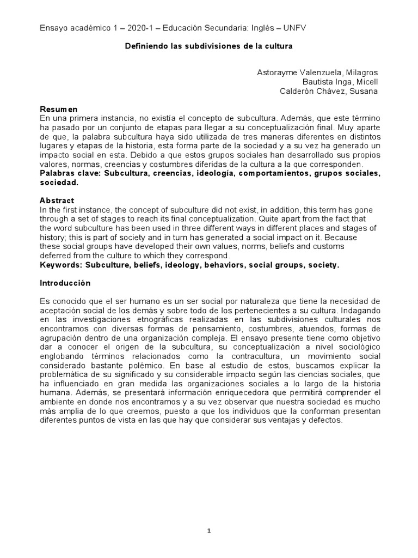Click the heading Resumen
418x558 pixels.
[59, 109]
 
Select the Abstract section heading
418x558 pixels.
[57, 200]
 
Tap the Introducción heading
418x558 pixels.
[65, 283]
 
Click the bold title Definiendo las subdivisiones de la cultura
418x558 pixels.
[209, 46]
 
